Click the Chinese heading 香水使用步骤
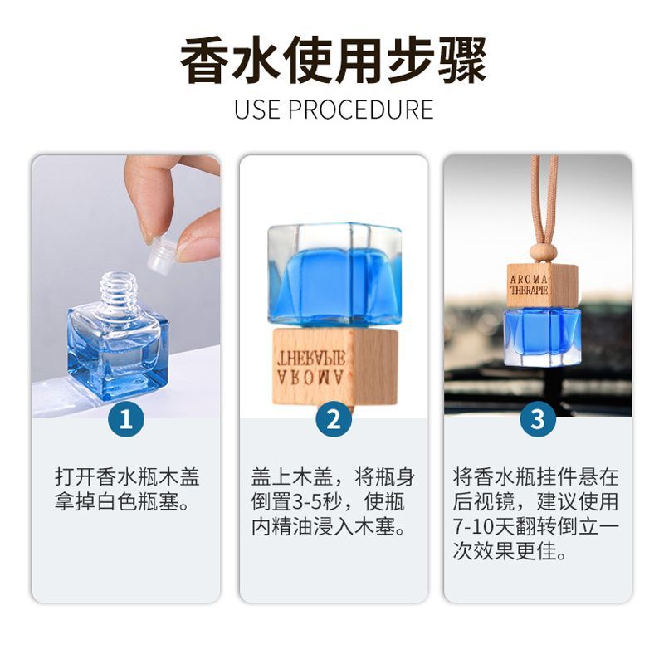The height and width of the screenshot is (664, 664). click(333, 61)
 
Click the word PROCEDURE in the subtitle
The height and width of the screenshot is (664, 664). click(361, 110)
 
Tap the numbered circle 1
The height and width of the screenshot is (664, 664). click(126, 419)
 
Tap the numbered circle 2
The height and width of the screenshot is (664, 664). click(334, 419)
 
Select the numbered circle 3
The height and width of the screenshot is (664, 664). click(538, 419)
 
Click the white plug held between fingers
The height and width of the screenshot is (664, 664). click(160, 254)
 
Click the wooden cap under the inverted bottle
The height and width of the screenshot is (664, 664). click(335, 366)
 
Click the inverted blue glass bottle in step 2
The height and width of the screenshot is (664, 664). click(334, 276)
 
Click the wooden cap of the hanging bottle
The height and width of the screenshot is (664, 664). click(543, 286)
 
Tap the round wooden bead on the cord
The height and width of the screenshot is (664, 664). click(543, 253)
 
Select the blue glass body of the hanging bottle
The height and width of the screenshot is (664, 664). click(543, 338)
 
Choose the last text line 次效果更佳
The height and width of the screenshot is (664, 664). click(510, 551)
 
